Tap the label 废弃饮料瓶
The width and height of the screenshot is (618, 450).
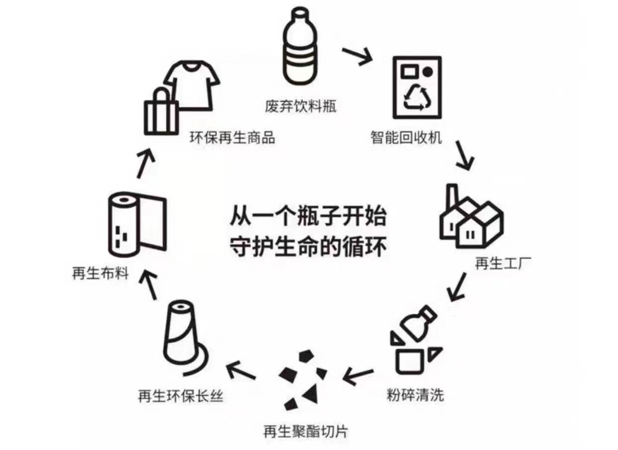click(301, 106)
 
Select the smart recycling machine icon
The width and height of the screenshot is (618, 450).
click(416, 87)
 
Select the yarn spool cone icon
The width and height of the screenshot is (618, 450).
click(183, 337)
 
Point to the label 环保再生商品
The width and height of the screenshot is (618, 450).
click(232, 138)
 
